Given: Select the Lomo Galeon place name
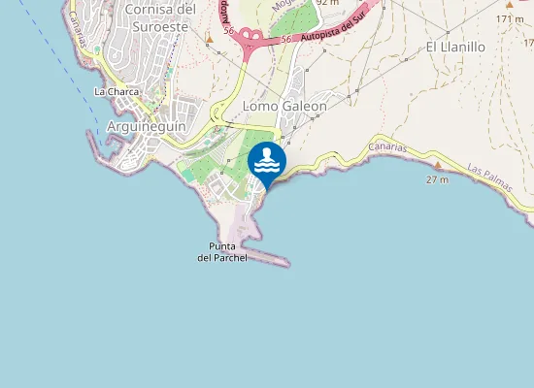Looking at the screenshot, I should tap(284, 106).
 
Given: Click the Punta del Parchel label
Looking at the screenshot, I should tap(222, 252).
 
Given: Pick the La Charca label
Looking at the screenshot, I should tap(117, 92).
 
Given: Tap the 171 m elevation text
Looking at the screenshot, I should tap(511, 18).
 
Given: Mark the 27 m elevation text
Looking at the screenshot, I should tap(438, 179).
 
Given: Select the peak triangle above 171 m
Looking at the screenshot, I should tap(509, 5).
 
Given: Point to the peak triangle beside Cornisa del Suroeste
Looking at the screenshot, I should tap(210, 40).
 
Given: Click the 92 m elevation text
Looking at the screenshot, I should tap(327, 3).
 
